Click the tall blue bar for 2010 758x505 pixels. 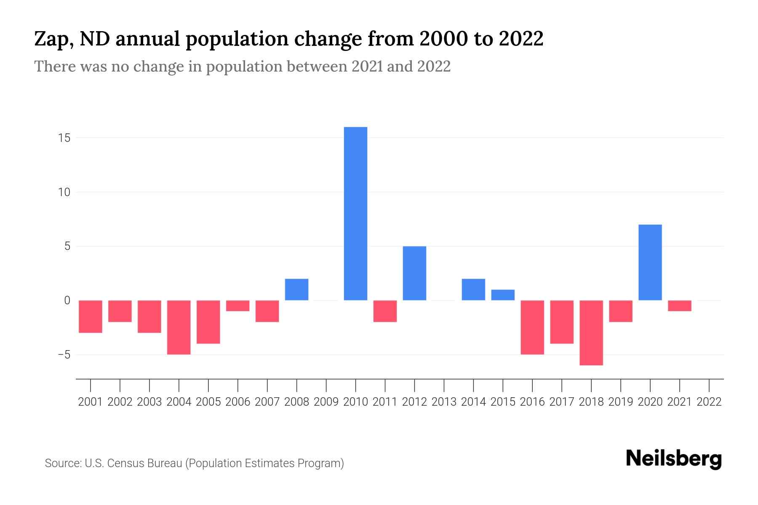[x=355, y=213]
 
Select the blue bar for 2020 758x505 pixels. [x=650, y=262]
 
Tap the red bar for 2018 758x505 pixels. [x=591, y=332]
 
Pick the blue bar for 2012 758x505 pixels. [x=414, y=273]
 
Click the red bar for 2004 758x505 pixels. [x=179, y=327]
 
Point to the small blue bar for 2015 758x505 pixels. [x=503, y=295]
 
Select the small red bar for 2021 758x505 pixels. [x=679, y=306]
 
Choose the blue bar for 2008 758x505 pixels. [x=296, y=290]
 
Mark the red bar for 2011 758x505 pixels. [x=385, y=311]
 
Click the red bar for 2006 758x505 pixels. [x=238, y=306]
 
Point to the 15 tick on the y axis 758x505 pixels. [x=64, y=138]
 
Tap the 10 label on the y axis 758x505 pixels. [x=64, y=192]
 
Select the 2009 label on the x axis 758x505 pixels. [x=326, y=402]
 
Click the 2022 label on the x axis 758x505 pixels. [x=709, y=402]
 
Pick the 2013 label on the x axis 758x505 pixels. [x=444, y=402]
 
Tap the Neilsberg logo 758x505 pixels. [x=673, y=459]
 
